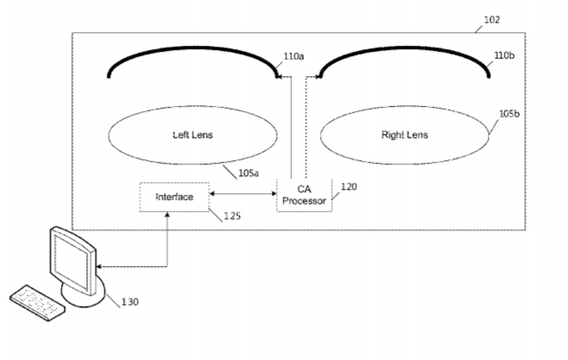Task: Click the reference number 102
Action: pyautogui.click(x=492, y=19)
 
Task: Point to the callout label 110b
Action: pyautogui.click(x=505, y=58)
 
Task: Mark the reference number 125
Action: pyautogui.click(x=232, y=216)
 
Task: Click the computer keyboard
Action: pyautogui.click(x=37, y=301)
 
